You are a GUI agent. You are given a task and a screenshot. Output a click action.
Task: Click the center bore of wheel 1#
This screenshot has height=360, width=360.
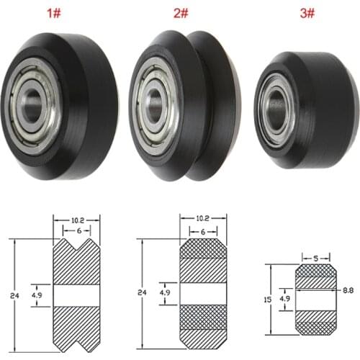32,97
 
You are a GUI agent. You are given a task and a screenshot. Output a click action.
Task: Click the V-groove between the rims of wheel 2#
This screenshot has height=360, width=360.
189,101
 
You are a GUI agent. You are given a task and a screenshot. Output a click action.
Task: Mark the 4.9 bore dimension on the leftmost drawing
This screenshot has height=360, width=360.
37,294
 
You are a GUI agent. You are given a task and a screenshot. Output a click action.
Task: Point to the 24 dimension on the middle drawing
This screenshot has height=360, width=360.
143,294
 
